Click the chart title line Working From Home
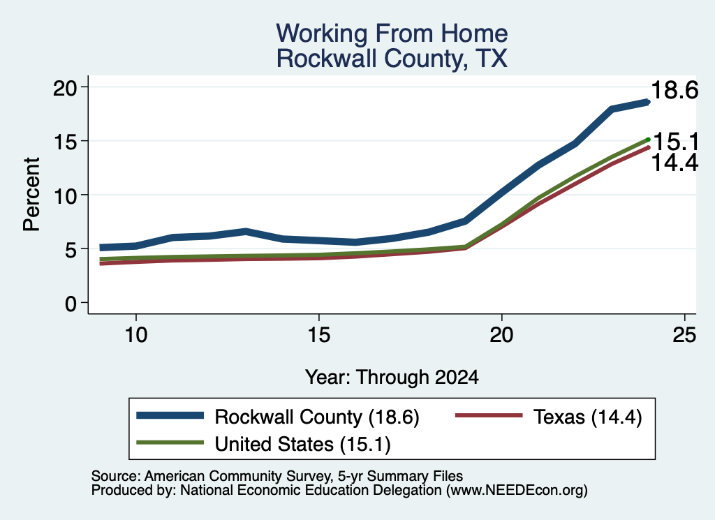392,34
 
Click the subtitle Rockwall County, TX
392,59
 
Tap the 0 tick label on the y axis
71,304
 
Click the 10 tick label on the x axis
136,335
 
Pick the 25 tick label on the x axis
684,335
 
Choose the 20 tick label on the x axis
501,335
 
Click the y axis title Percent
32,195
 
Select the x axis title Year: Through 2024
392,378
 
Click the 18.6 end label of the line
675,90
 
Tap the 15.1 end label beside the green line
675,142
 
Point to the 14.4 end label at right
675,163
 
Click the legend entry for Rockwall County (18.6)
317,417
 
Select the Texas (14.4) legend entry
588,417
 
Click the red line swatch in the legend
489,415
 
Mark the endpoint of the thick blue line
647,102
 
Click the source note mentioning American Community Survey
277,476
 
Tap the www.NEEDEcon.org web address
516,491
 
